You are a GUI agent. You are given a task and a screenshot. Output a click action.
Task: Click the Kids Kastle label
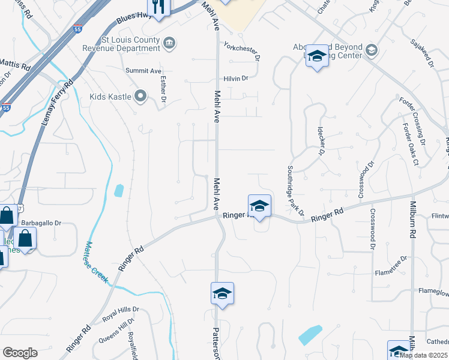pos(110,97)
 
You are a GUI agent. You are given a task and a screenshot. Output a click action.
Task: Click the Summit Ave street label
pos(140,71)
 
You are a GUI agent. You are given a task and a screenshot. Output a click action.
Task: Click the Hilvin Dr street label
pos(235,79)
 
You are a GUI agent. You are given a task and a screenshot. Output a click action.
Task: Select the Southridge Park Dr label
pos(295,191)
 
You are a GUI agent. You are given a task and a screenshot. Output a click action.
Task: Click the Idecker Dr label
pos(321,143)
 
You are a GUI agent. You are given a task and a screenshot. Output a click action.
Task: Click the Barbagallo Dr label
pos(41,223)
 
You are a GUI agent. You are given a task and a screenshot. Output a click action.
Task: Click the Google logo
pos(20,352)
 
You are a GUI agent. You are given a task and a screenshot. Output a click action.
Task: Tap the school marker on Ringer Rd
pos(259,205)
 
